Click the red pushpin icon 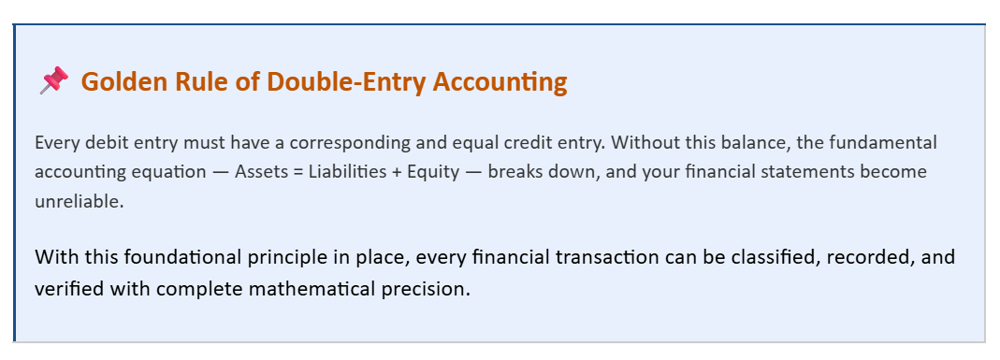[53, 81]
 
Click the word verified [68, 287]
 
